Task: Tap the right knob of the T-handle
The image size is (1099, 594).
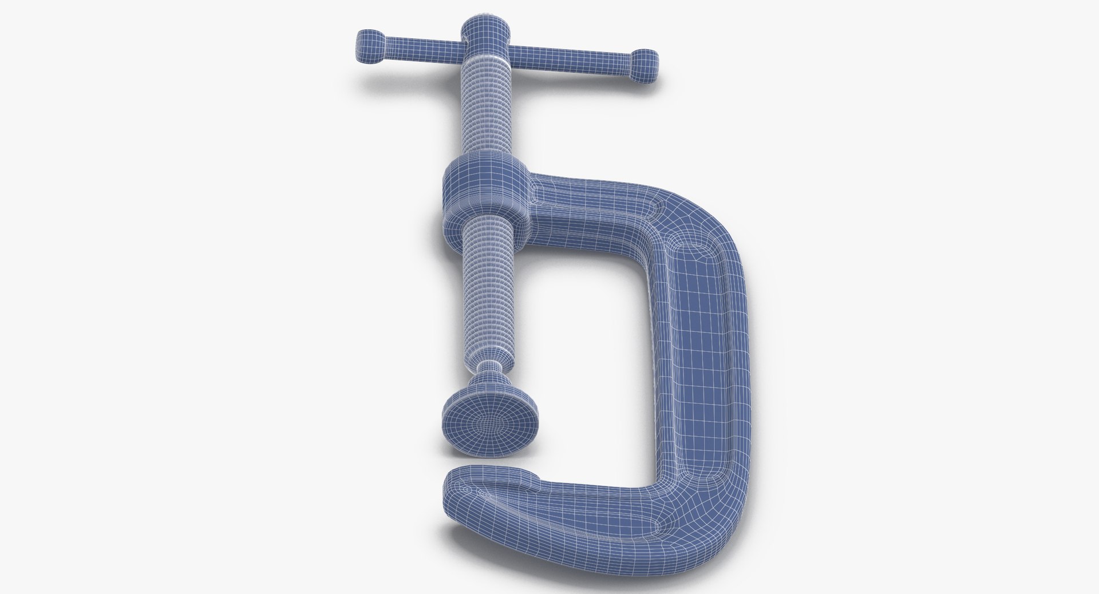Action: (x=644, y=63)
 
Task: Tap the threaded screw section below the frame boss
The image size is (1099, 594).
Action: (x=487, y=292)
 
